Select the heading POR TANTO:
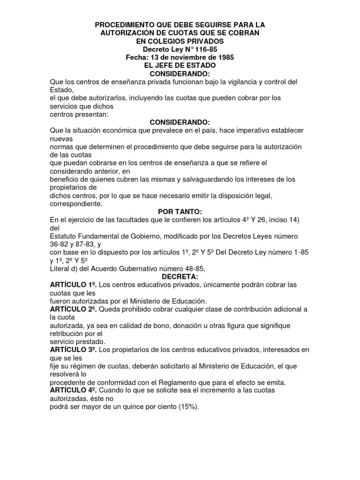pyautogui.click(x=180, y=212)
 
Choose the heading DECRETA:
pyautogui.click(x=180, y=277)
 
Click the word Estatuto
pyautogui.click(x=64, y=236)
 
